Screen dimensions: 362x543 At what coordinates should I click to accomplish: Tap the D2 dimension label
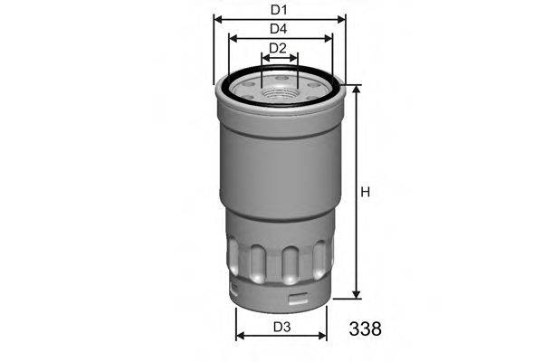point(279,48)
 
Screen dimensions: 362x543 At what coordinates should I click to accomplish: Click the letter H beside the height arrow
point(366,192)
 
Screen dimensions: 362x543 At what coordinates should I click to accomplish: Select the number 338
point(364,328)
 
